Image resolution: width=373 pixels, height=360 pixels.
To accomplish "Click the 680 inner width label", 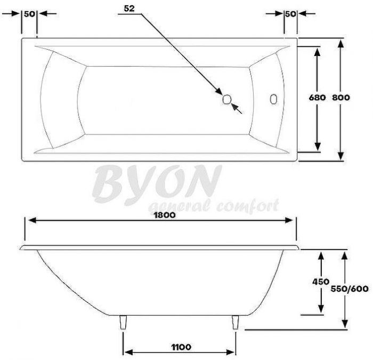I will tap(317, 98).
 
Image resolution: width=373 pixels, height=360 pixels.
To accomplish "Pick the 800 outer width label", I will tap(340, 98).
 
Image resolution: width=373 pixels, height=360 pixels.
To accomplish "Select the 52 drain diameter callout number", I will tap(129, 9).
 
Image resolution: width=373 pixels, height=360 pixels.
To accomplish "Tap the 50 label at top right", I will tap(290, 14).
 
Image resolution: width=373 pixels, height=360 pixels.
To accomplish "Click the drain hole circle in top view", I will tap(226, 99).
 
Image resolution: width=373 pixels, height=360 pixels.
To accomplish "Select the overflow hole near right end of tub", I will tap(274, 99).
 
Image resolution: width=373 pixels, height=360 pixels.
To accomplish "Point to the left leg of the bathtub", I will tap(124, 322).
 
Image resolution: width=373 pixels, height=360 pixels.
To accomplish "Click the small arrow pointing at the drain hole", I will tap(237, 109).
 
